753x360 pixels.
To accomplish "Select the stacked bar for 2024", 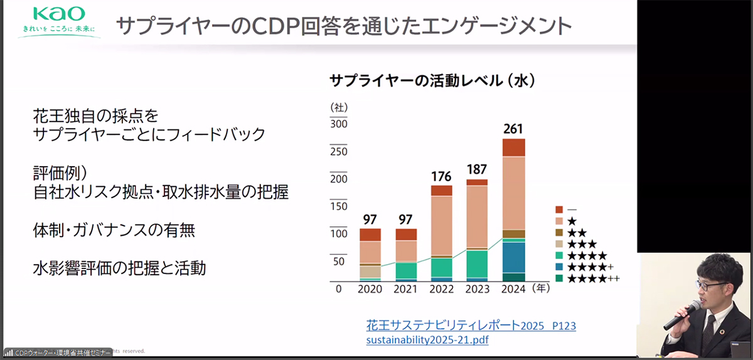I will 514,210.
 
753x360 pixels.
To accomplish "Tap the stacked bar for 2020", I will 370,255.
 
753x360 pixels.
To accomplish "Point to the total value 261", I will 514,129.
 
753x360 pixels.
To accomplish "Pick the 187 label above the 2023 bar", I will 478,169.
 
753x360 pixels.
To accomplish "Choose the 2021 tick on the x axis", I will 406,289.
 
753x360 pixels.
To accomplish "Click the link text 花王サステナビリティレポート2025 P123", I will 471,326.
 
